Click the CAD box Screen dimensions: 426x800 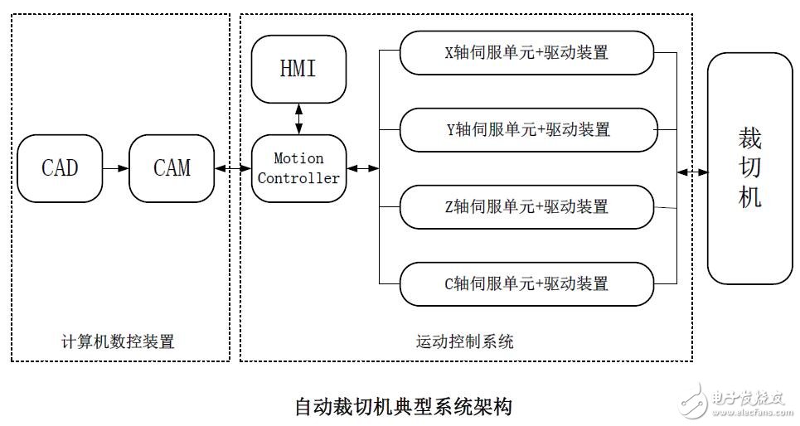59,168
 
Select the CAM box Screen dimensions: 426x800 172,168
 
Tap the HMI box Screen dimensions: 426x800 298,68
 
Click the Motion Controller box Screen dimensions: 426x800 298,168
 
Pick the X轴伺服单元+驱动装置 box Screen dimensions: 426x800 526,53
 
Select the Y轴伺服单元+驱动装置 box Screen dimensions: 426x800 526,130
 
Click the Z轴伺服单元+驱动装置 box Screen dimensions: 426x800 526,206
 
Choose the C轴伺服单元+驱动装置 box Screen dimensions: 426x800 526,283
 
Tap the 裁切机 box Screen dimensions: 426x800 749,172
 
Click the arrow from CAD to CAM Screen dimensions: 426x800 115,168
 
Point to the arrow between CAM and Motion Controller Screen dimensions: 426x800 233,168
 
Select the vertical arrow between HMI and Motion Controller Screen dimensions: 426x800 298,119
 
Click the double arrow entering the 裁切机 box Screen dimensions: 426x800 692,172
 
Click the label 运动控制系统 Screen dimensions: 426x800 464,341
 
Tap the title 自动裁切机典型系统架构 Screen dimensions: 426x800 403,407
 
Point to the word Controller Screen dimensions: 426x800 298,177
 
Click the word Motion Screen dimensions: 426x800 298,158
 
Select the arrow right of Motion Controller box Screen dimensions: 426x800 362,168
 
